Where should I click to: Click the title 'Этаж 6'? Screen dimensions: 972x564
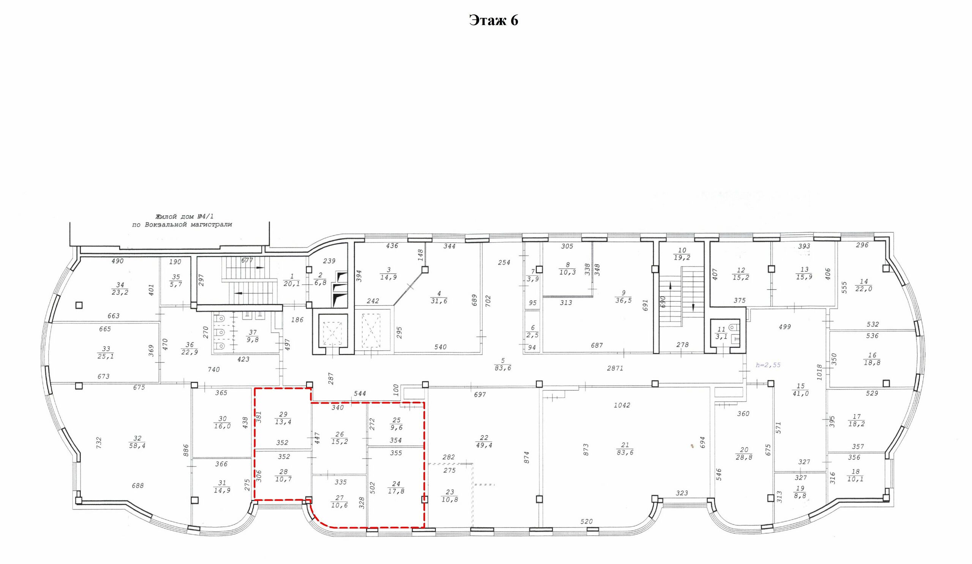(493, 20)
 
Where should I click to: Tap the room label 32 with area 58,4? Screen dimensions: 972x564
(137, 442)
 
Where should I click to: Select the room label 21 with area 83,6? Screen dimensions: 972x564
(625, 449)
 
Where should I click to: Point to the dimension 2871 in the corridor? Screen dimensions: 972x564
(615, 368)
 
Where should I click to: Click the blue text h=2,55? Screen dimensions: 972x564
(768, 365)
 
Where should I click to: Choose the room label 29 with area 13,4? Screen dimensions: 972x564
(283, 418)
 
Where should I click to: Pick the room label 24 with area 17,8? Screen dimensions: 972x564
(396, 488)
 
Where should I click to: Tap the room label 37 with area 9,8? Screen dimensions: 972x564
(252, 336)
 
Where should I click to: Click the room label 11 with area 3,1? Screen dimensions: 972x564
(721, 333)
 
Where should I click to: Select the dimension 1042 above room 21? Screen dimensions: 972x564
(622, 405)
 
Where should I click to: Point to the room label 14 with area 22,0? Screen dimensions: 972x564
(864, 285)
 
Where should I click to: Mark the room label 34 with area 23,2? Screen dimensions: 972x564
(120, 289)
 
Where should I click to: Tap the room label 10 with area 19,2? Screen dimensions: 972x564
(682, 254)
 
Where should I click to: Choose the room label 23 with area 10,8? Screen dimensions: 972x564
(449, 496)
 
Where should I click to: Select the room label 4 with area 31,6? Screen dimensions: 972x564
(439, 297)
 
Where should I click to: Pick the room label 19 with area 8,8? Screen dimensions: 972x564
(800, 492)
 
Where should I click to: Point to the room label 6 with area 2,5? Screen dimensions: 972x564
(532, 332)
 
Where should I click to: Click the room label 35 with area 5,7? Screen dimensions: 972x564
(176, 280)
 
